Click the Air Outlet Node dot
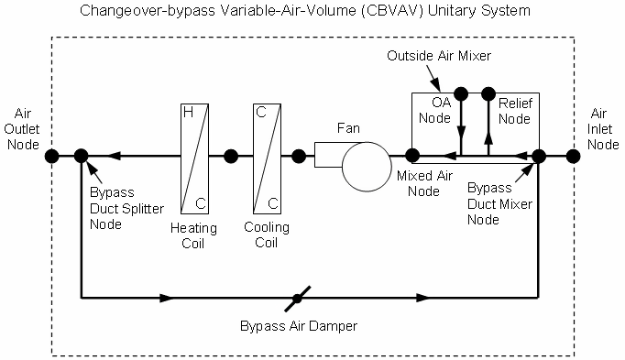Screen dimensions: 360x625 53,156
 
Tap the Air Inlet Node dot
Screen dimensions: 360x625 573,156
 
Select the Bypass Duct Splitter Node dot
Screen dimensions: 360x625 81,156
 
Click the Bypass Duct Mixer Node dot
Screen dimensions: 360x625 538,156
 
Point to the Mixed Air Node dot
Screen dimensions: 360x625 413,156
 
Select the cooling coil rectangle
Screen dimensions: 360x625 265,156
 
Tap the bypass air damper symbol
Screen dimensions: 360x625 297,298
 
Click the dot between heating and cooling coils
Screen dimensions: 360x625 231,156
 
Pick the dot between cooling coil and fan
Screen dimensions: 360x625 298,156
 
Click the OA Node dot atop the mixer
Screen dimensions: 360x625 461,93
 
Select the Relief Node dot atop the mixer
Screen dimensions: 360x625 488,93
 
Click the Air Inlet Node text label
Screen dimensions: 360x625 601,128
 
